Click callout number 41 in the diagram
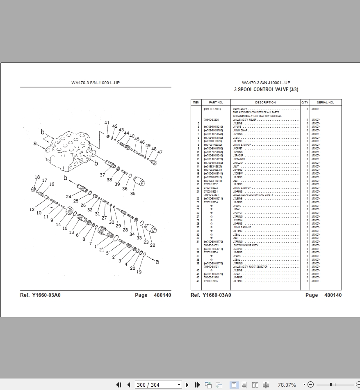point(107,123)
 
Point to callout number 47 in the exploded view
point(160,152)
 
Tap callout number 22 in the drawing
point(153,245)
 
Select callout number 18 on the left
point(37,177)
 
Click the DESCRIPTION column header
point(266,102)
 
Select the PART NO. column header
point(216,102)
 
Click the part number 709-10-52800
point(212,119)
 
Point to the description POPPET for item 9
point(238,149)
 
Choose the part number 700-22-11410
point(212,278)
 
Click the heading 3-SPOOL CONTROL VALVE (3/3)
point(266,89)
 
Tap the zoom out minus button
point(310,385)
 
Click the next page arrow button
point(187,385)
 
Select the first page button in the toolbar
point(119,385)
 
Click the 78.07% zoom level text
point(287,385)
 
